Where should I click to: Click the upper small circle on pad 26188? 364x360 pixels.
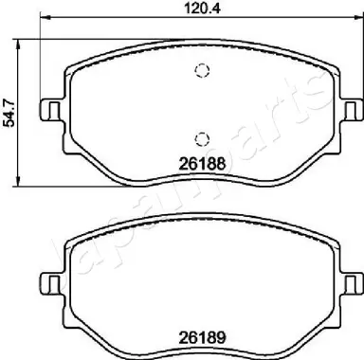pos(199,71)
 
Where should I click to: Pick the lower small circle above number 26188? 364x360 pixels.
pos(199,135)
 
